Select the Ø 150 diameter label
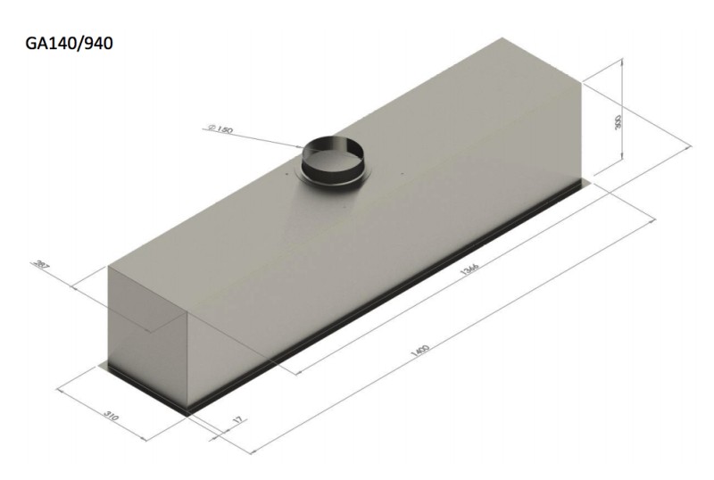click(219, 130)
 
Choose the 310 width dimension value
click(111, 417)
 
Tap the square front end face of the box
click(147, 335)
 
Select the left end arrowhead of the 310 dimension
click(61, 388)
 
